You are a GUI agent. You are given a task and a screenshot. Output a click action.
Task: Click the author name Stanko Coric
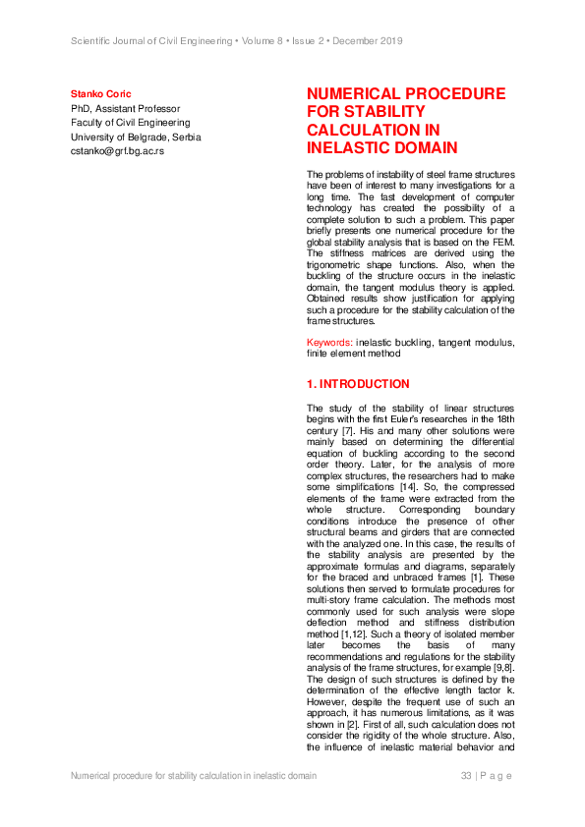click(x=98, y=93)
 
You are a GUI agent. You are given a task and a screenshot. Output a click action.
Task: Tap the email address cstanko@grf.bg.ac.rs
click(x=116, y=151)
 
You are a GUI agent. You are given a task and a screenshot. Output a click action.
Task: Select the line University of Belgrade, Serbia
click(x=135, y=137)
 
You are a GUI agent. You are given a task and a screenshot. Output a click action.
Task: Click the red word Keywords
click(x=328, y=342)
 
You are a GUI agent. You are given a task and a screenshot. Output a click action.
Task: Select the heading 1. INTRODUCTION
click(x=358, y=384)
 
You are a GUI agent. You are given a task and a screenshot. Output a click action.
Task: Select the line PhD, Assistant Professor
click(x=125, y=108)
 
